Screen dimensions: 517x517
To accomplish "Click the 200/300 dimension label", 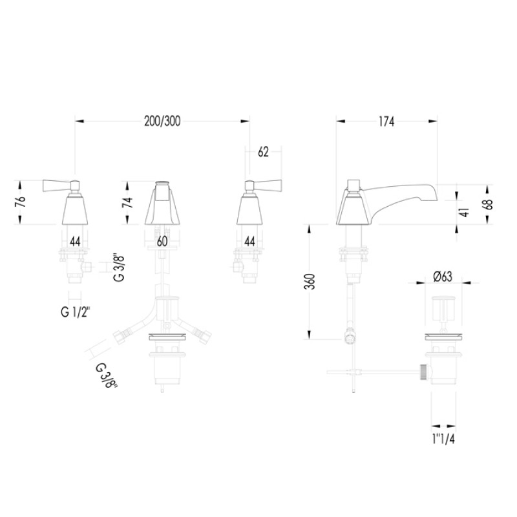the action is pyautogui.click(x=162, y=121).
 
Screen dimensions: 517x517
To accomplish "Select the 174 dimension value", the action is pyautogui.click(x=386, y=121).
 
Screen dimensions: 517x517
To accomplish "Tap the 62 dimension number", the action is pyautogui.click(x=263, y=152).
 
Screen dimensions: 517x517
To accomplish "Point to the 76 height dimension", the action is pyautogui.click(x=21, y=202).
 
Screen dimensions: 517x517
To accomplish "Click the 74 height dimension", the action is pyautogui.click(x=127, y=202).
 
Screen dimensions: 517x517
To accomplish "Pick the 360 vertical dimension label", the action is pyautogui.click(x=310, y=282).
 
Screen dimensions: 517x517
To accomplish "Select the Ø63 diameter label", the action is pyautogui.click(x=443, y=277).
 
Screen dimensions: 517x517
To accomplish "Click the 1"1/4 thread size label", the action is pyautogui.click(x=443, y=439).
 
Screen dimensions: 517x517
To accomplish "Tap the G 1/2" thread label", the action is pyautogui.click(x=75, y=311).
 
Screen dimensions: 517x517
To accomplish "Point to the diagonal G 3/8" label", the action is pyautogui.click(x=106, y=375).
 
